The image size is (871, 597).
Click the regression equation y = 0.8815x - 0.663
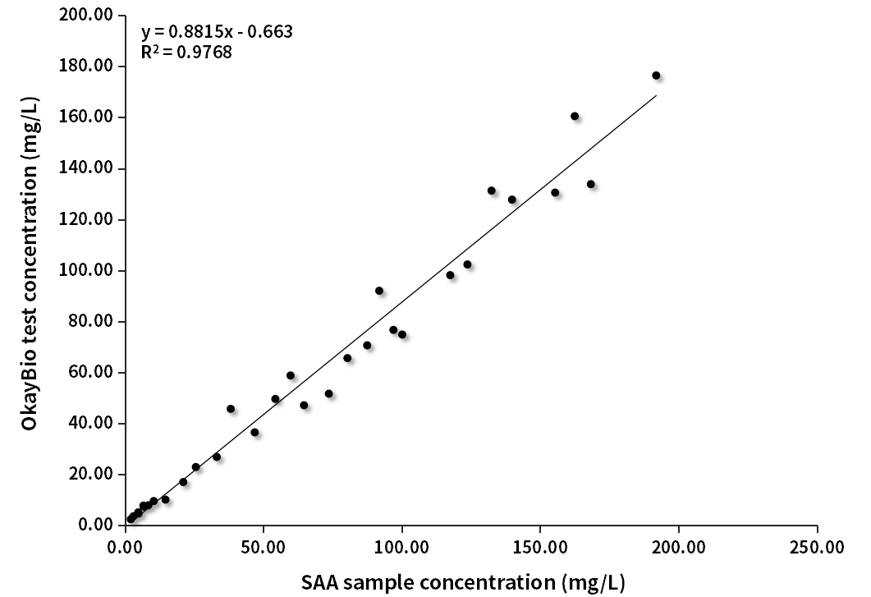click(x=217, y=33)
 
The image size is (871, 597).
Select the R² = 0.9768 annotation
click(x=186, y=53)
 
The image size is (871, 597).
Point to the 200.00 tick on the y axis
click(x=90, y=16)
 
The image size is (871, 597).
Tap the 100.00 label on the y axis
click(x=90, y=270)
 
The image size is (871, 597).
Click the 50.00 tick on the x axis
click(x=263, y=545)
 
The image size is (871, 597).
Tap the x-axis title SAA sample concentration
click(x=462, y=581)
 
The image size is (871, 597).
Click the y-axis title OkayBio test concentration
click(x=30, y=269)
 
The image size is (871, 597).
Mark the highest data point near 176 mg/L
click(x=656, y=76)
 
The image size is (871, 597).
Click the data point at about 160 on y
click(x=575, y=117)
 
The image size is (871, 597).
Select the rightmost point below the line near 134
click(x=590, y=184)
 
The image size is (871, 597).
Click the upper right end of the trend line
click(x=655, y=96)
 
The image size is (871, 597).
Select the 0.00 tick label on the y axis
click(x=97, y=525)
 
